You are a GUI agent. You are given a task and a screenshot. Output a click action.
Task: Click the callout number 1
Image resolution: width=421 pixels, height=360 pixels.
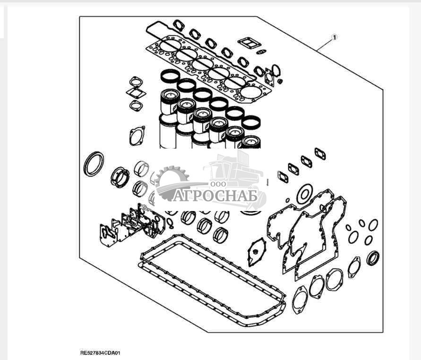coord(334,37)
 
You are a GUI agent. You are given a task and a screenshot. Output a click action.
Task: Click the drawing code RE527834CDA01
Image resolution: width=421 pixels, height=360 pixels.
coord(101,353)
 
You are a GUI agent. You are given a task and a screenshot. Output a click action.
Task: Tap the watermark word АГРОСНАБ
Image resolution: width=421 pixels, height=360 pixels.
coord(215,196)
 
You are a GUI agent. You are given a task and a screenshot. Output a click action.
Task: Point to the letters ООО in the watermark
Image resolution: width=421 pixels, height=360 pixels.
coord(218,184)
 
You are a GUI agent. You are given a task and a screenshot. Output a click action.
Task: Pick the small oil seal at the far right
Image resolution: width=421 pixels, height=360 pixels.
coord(373,258)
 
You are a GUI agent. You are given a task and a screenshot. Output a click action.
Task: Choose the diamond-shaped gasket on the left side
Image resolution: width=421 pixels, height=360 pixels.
coord(136,93)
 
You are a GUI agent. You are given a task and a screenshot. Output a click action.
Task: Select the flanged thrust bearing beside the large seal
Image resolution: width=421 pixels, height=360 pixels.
coord(120,177)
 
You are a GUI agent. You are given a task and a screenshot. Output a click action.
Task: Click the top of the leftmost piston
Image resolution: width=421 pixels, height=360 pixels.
coord(170,94)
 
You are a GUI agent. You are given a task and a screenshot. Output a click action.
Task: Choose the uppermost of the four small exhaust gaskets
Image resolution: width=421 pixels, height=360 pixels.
coord(320,154)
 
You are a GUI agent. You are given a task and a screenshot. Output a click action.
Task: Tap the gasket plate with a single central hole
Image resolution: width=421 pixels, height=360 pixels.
coord(257,252)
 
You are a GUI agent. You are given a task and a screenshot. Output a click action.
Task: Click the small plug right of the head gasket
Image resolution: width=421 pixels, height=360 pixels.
coord(280,81)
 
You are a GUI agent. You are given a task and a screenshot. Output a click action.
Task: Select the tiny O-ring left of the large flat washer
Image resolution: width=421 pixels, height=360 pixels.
coord(288,200)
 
